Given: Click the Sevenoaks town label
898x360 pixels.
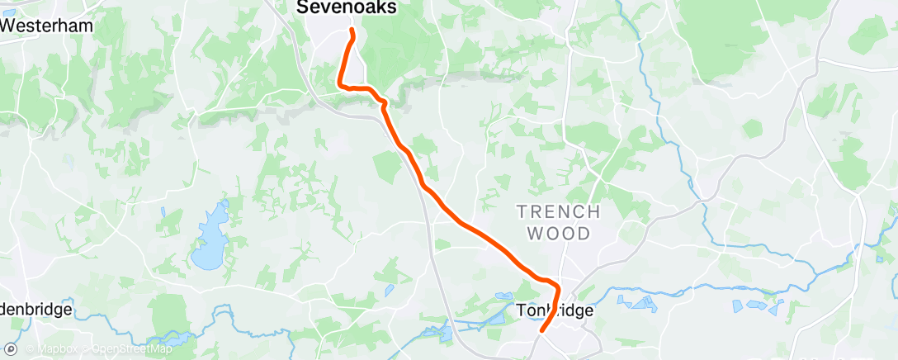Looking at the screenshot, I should coord(346,7).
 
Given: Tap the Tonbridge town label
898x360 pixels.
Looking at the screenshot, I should coord(555,310).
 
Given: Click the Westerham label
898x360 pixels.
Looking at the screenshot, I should coord(47,26).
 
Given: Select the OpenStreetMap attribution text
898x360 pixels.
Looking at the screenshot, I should coord(132,348).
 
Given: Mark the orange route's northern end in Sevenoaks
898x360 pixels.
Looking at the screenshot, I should coord(352,31).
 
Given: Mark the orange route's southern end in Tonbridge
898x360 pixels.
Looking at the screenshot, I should coord(541,331).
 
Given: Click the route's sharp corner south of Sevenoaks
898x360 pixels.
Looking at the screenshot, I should coord(340,83).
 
